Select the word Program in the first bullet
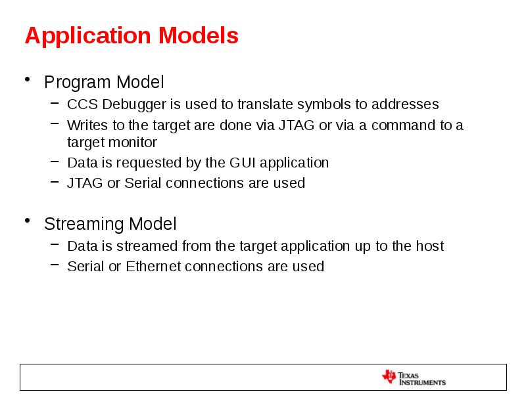78,83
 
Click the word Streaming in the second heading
84,225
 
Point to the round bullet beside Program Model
28,81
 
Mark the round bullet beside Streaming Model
28,223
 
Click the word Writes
84,125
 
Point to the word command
404,125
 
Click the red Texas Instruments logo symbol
389,377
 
